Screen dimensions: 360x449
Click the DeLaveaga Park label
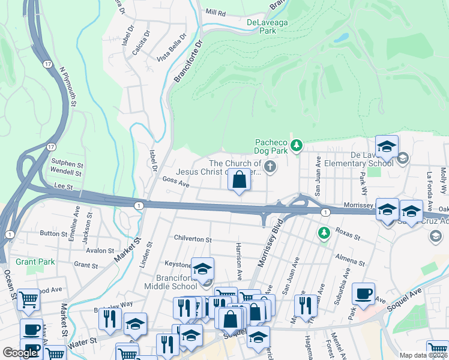[x=269, y=27]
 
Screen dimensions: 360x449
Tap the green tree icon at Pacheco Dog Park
[x=296, y=145]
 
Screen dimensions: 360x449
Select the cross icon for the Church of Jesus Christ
[x=271, y=166]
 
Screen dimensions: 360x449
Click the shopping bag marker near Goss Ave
[x=239, y=179]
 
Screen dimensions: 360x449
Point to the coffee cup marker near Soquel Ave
[x=363, y=293]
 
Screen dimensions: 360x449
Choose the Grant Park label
[x=35, y=262]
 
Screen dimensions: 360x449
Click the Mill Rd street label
[x=215, y=12]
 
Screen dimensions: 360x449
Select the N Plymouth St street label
[x=67, y=87]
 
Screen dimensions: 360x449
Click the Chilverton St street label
[x=193, y=239]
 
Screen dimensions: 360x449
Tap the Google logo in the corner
[x=20, y=353]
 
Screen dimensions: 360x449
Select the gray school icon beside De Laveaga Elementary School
[x=403, y=159]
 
